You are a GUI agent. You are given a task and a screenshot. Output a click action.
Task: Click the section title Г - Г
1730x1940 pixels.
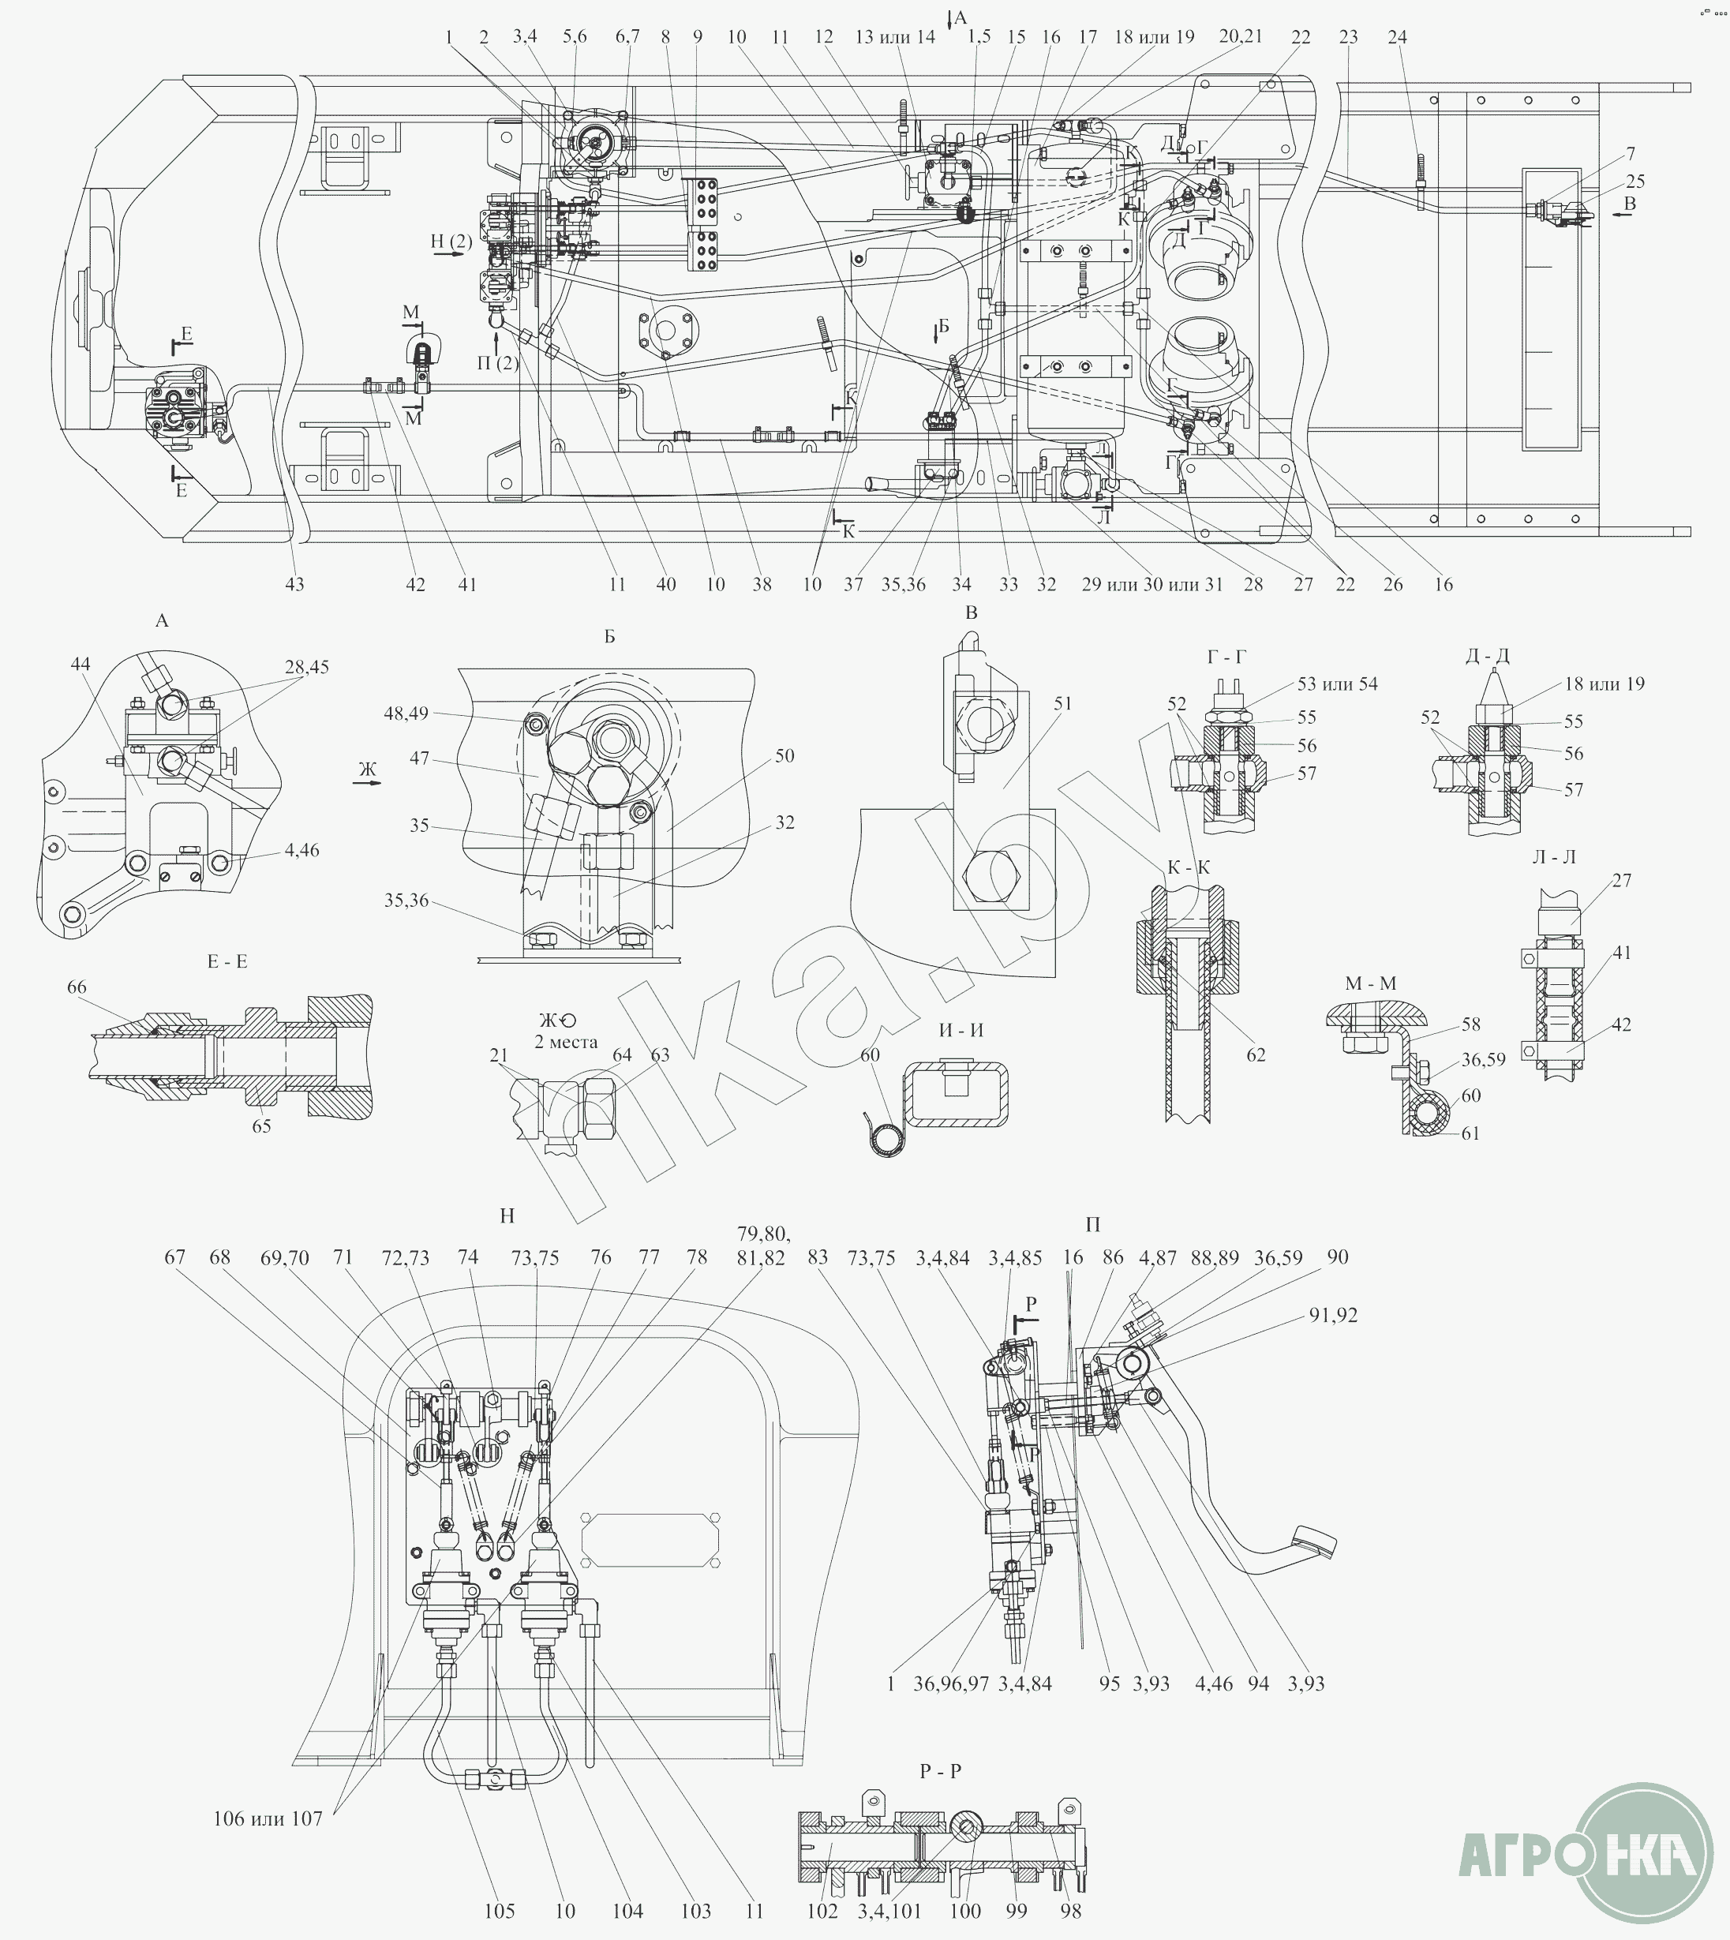[x=1226, y=657]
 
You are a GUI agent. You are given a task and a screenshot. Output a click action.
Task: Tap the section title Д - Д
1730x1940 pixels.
[x=1487, y=656]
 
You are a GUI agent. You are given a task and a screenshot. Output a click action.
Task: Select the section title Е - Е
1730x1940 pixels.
[x=227, y=962]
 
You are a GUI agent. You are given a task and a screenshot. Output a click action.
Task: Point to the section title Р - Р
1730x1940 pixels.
[x=940, y=1772]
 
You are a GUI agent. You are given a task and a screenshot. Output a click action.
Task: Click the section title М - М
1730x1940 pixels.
[x=1371, y=983]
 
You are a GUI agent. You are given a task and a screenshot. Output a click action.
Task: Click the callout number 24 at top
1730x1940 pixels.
[x=1396, y=37]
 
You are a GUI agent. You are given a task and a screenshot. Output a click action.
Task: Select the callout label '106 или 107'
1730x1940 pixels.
[x=268, y=1818]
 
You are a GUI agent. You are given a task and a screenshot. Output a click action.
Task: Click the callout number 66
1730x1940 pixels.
[x=76, y=987]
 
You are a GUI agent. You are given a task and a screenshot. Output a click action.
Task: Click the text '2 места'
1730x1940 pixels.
[x=566, y=1042]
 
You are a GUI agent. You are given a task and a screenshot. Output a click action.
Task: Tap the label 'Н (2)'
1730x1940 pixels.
[x=451, y=242]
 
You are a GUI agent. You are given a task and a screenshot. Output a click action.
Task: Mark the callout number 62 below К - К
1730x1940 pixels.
[x=1256, y=1054]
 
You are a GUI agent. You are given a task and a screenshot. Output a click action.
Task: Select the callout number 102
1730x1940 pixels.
[x=822, y=1911]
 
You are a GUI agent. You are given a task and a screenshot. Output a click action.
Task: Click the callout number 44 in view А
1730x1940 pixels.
[x=80, y=664]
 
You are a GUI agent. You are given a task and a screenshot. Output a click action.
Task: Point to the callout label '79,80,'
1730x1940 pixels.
[x=763, y=1234]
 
